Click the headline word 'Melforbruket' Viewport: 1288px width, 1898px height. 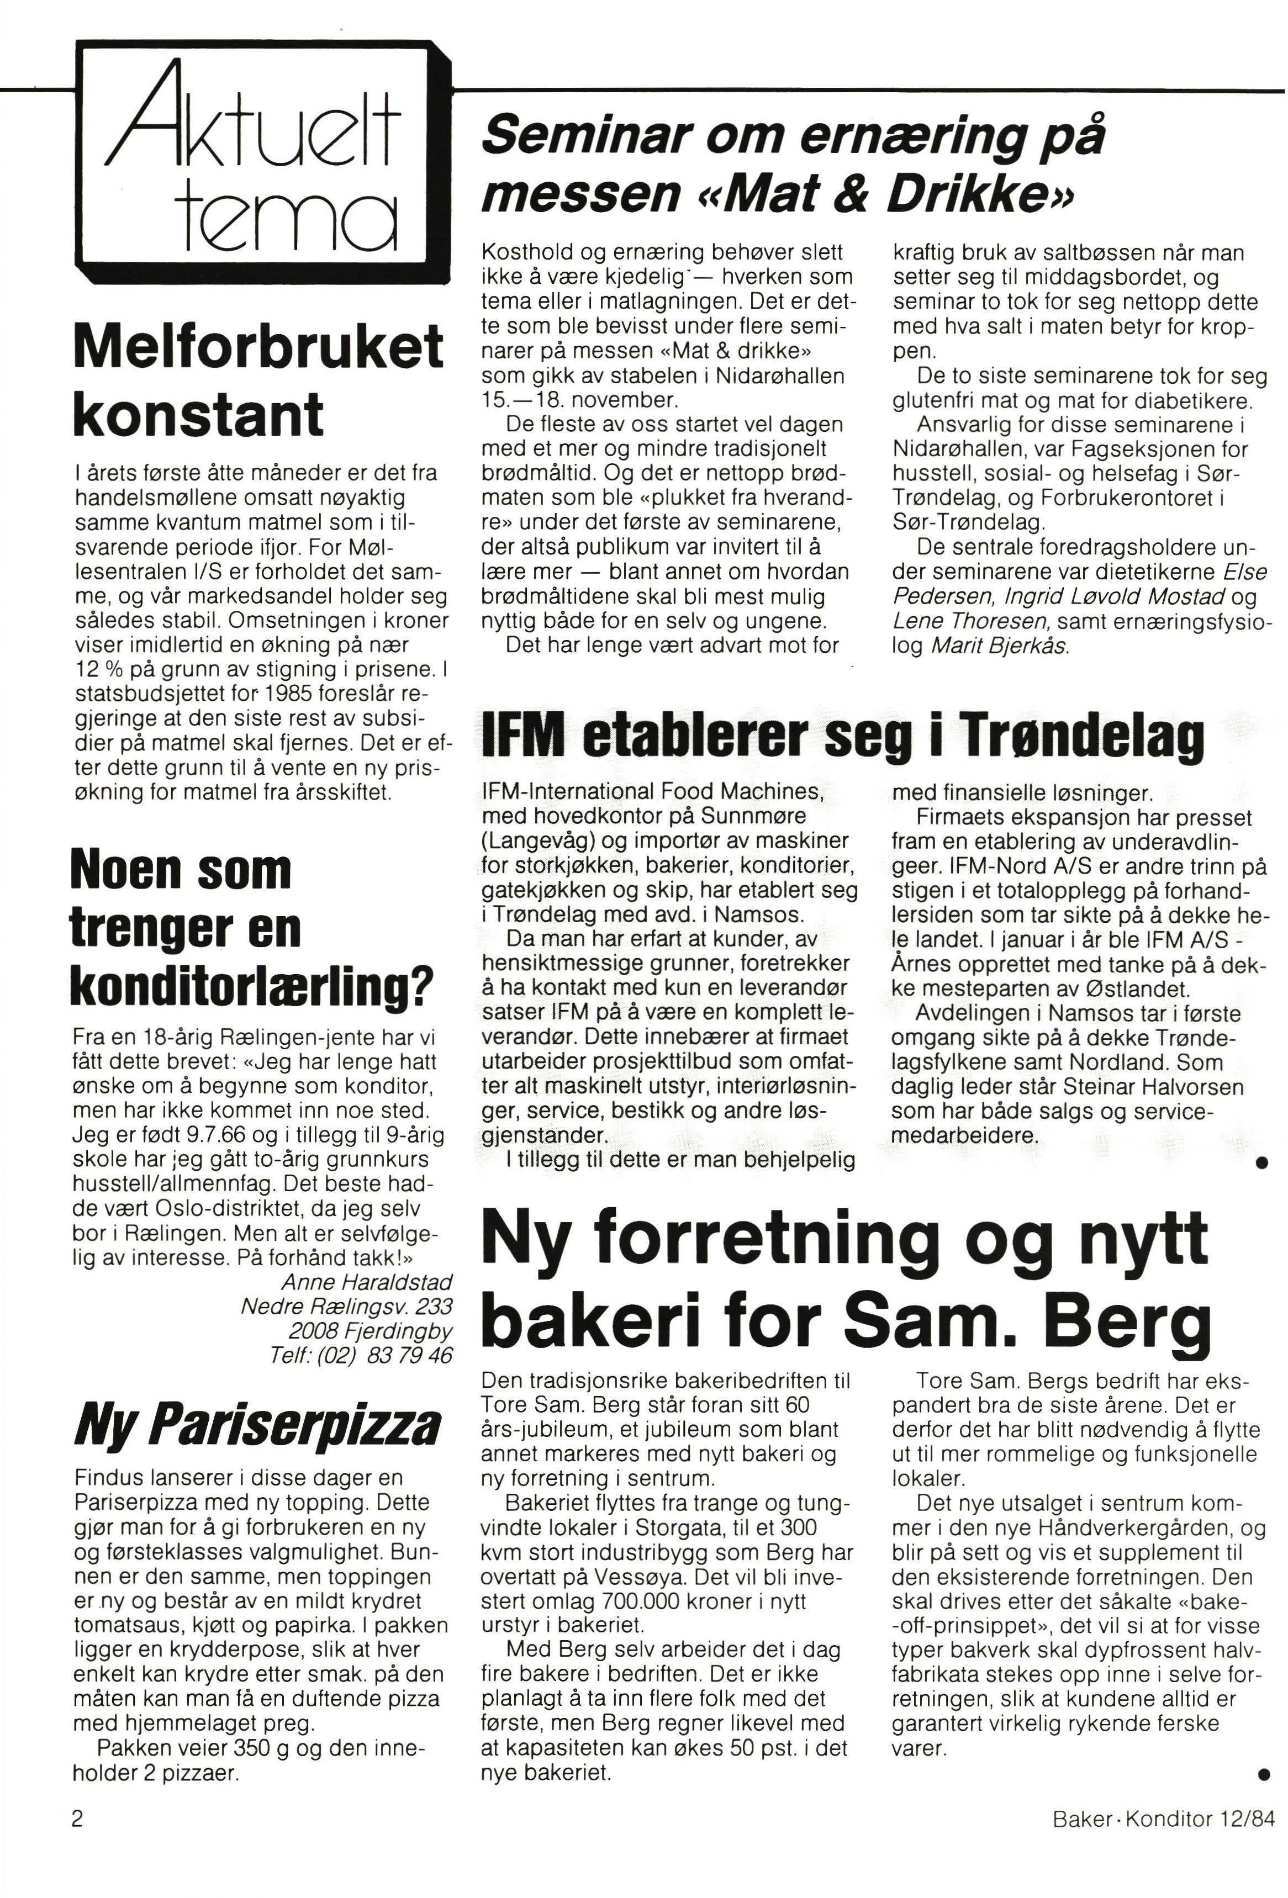258,346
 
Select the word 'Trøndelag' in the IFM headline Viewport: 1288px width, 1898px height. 1081,737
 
